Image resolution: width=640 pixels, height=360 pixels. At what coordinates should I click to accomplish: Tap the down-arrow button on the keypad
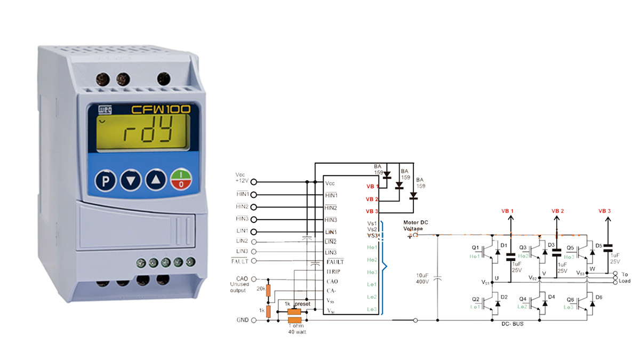(130, 181)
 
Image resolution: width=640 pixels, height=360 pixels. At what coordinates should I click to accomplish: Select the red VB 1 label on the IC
(372, 187)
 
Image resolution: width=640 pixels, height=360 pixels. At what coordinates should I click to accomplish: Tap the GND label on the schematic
(242, 320)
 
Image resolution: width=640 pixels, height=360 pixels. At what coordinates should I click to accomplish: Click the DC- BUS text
(513, 324)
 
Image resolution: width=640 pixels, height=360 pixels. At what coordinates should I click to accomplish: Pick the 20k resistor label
(260, 289)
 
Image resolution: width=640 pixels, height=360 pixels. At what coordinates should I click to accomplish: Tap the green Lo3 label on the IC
(371, 309)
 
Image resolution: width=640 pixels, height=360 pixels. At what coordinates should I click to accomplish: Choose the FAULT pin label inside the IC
(335, 262)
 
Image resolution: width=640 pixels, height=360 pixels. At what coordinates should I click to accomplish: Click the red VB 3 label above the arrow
(604, 211)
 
